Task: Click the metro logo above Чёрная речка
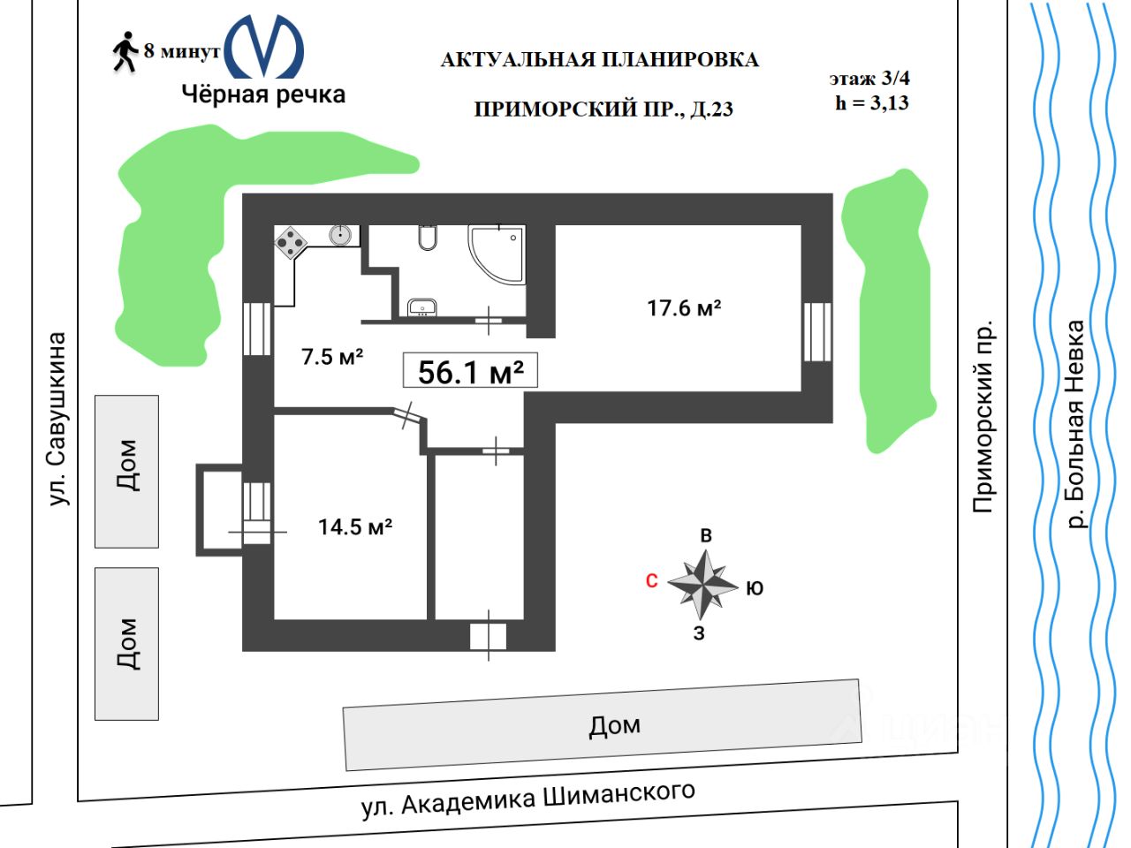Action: [264, 47]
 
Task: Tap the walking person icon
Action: [125, 52]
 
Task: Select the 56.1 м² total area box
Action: [470, 371]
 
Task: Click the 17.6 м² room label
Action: [684, 308]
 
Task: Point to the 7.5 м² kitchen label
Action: [332, 357]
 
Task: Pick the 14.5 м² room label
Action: [355, 526]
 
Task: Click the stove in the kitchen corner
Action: [290, 241]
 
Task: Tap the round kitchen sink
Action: [341, 235]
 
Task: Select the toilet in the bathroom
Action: [428, 238]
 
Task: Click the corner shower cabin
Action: [497, 253]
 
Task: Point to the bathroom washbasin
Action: [422, 307]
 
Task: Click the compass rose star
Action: [703, 584]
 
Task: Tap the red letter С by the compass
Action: [652, 580]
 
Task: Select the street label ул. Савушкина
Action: [57, 419]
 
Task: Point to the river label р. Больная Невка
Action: [1074, 425]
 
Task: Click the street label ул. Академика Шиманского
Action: [528, 799]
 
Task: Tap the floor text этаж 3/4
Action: [869, 79]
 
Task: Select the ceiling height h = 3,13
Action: [872, 102]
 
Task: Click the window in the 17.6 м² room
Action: [817, 332]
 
